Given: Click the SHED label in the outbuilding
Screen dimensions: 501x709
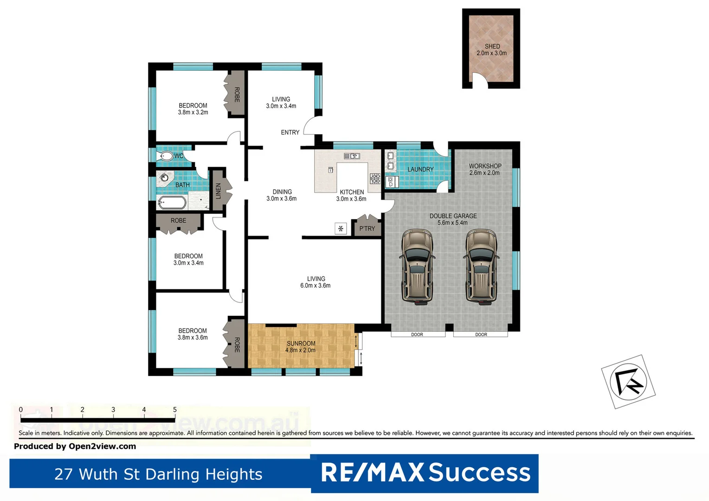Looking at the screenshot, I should pyautogui.click(x=492, y=46).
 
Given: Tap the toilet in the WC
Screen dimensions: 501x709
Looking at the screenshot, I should pyautogui.click(x=166, y=156).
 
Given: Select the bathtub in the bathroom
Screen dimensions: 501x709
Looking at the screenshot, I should pyautogui.click(x=172, y=203).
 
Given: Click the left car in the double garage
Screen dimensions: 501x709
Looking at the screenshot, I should pyautogui.click(x=418, y=267).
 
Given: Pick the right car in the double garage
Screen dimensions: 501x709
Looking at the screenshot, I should pyautogui.click(x=482, y=267).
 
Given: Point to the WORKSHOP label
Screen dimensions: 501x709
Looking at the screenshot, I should pyautogui.click(x=485, y=166).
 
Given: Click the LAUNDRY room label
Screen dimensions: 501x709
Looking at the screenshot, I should pyautogui.click(x=420, y=169).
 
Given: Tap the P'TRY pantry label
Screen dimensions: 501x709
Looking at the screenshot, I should pyautogui.click(x=367, y=229).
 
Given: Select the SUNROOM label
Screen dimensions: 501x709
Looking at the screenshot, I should pyautogui.click(x=301, y=344).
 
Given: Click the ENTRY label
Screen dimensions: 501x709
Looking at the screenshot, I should pyautogui.click(x=290, y=133).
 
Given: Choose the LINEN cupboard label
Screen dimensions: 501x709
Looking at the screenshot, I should pyautogui.click(x=218, y=191).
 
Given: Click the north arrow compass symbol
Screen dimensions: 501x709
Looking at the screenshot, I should pyautogui.click(x=628, y=381).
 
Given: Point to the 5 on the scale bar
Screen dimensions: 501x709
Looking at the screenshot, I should pyautogui.click(x=175, y=410).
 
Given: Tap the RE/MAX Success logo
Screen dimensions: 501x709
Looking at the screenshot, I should pyautogui.click(x=425, y=473).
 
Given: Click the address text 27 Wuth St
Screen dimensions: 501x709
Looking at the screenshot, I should pyautogui.click(x=158, y=474).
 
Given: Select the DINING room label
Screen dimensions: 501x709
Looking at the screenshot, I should pyautogui.click(x=282, y=192).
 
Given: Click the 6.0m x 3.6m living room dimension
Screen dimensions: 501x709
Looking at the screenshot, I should pyautogui.click(x=315, y=286).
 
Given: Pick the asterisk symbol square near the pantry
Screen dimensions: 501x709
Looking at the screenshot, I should pyautogui.click(x=341, y=228).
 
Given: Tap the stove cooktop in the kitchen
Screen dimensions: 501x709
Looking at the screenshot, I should pyautogui.click(x=375, y=179).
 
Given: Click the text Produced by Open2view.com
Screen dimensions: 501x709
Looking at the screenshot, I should pyautogui.click(x=75, y=446).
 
